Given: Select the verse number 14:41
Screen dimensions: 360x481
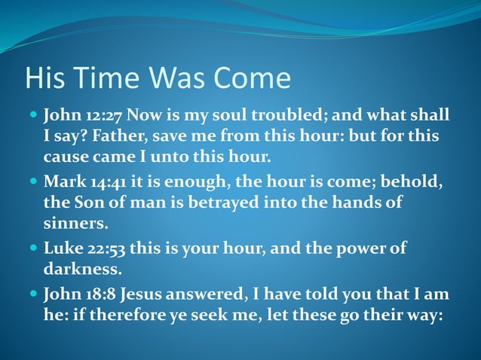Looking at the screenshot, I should (105, 182).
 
